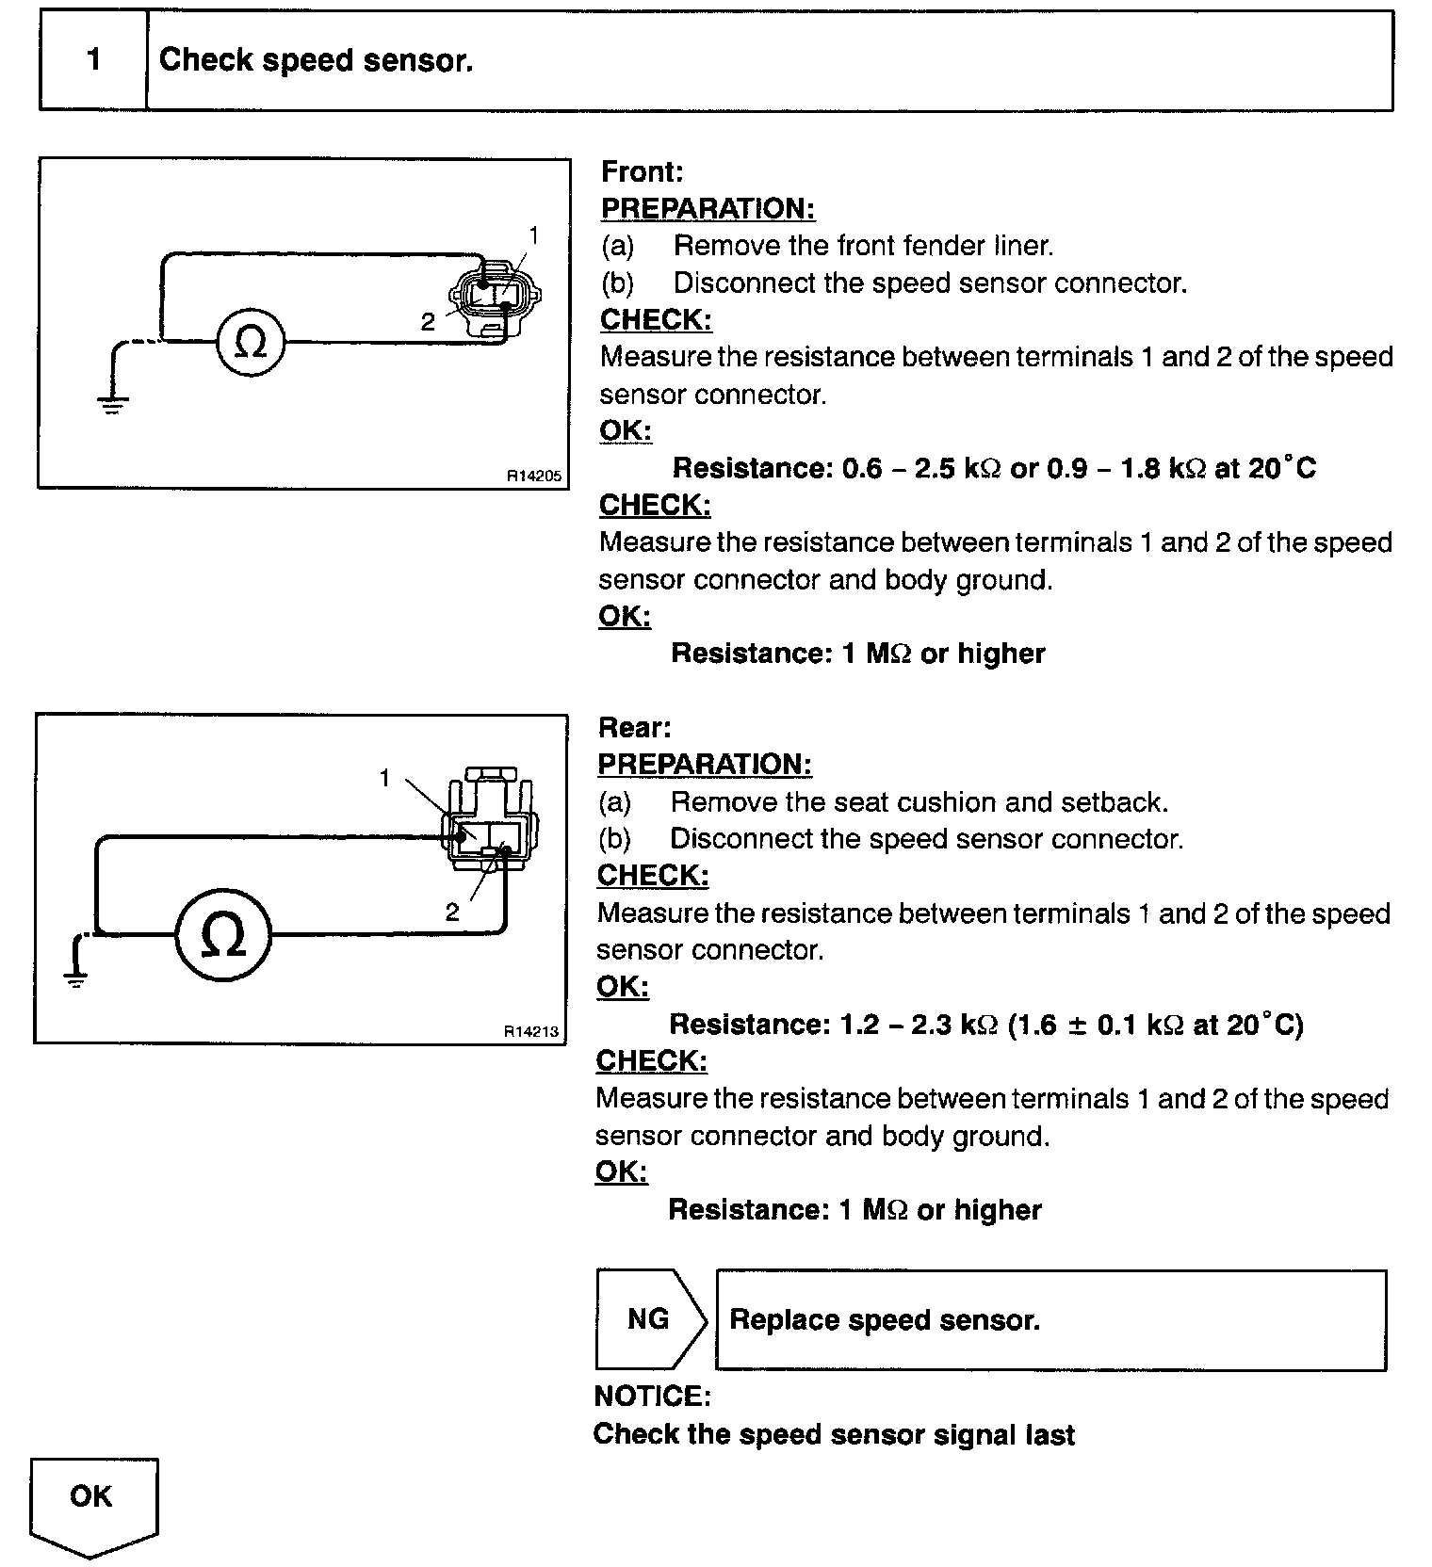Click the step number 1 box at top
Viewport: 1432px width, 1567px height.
[93, 61]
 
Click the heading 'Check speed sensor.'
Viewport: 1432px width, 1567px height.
[316, 61]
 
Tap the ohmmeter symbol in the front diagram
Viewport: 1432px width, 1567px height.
[250, 343]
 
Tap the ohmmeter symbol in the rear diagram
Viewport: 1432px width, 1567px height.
[223, 935]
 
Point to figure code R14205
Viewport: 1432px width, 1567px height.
[534, 477]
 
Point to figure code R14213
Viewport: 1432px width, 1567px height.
[531, 1032]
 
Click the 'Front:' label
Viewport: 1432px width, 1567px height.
[642, 172]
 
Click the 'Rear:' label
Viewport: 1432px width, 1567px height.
[634, 728]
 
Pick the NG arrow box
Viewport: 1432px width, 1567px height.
[649, 1318]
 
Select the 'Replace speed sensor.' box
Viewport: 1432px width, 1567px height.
[1050, 1319]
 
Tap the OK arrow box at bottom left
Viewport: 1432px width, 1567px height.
[92, 1503]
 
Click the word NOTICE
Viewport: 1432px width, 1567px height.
[652, 1396]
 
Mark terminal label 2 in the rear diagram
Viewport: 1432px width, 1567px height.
[452, 912]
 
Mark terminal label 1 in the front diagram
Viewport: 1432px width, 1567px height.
[534, 235]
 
